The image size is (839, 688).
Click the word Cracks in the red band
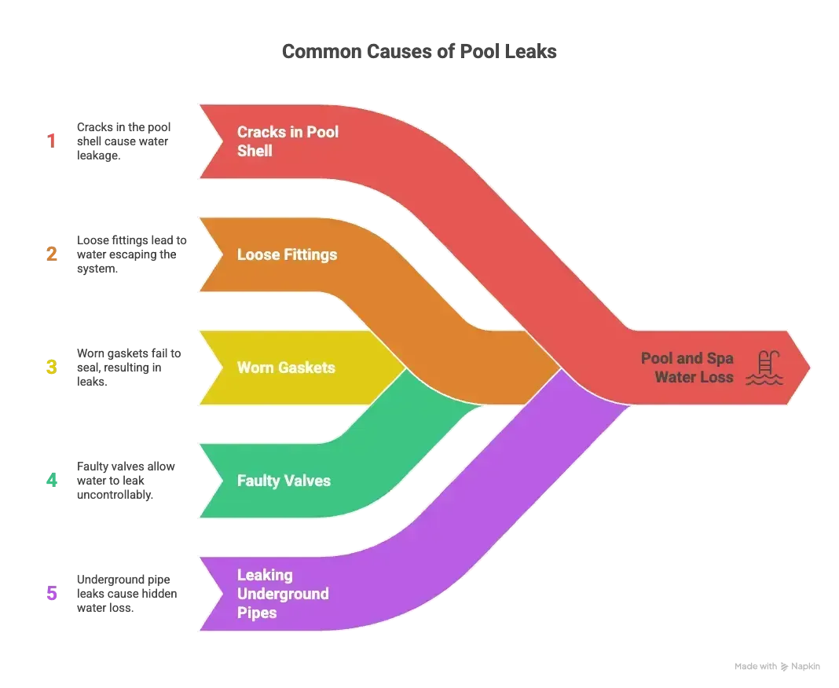point(262,132)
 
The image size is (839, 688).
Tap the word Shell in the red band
point(255,150)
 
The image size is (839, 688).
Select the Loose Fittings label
point(287,254)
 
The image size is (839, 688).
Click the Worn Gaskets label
point(286,367)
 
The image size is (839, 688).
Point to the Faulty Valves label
point(284,480)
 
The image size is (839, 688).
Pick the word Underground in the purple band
point(283,593)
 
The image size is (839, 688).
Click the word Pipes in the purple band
point(257,612)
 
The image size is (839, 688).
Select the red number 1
point(53,141)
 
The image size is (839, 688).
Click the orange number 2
point(53,254)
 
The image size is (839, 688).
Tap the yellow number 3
point(53,367)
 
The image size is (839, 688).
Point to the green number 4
point(53,480)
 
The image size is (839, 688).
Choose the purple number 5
point(53,593)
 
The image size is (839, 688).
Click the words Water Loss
point(694,377)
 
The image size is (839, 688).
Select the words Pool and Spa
point(687,358)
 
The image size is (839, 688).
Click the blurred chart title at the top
point(419,52)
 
